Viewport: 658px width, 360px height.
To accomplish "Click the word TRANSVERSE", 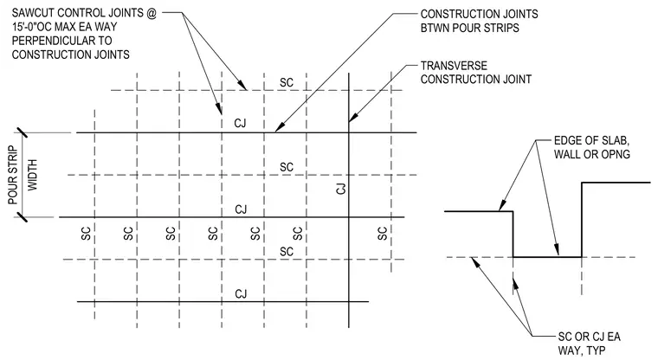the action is pos(454,66).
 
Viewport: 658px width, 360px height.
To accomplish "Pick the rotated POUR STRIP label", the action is pos(13,175).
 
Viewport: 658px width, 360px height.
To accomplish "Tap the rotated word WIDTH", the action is pos(32,175).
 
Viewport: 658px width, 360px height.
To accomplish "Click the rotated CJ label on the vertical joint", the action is pos(341,189).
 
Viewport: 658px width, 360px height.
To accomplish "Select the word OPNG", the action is pos(615,154).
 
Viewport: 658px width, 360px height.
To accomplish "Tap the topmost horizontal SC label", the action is pos(287,83).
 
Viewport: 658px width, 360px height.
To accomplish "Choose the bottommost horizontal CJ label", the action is pos(241,293).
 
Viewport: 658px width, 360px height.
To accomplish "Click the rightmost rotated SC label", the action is pos(383,234).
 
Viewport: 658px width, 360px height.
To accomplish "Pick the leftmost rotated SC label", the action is pos(86,234).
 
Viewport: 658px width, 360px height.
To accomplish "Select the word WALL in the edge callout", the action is pos(570,154).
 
